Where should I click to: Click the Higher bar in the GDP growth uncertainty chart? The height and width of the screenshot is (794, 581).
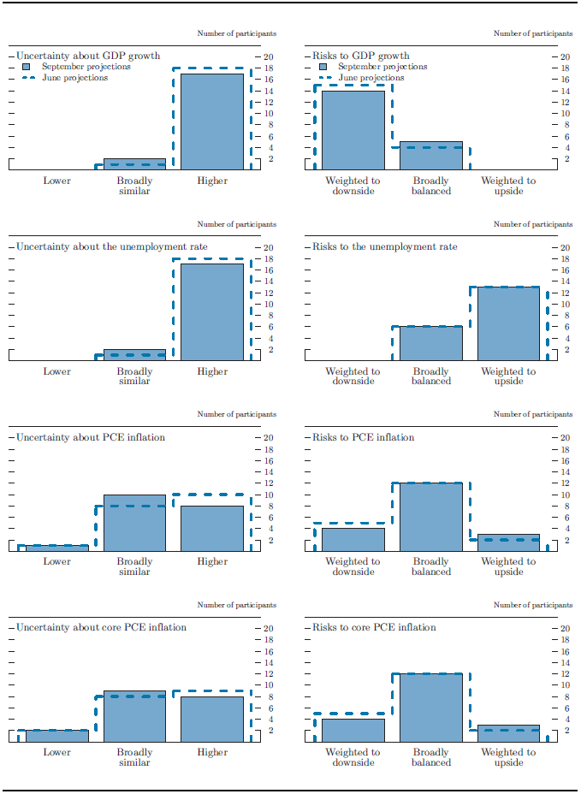coord(211,121)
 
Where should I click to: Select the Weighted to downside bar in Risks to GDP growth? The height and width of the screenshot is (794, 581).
coord(353,130)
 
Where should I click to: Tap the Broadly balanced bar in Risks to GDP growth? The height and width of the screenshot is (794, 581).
coord(430,156)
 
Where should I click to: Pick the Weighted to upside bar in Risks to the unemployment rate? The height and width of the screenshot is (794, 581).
coord(508,323)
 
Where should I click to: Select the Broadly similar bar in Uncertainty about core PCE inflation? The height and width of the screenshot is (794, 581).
coord(134,716)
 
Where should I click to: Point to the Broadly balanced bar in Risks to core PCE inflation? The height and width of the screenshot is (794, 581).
coord(430,708)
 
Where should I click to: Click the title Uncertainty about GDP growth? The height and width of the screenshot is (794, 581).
coord(88,56)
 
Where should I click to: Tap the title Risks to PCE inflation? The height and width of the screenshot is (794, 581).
coord(364,437)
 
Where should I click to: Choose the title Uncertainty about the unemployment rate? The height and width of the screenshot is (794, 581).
coord(112,247)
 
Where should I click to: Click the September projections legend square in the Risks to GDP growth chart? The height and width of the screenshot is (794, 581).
coord(323,67)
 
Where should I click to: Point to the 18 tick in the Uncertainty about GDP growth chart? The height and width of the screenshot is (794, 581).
coord(266,68)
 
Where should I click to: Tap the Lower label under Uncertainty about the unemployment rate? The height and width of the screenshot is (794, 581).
coord(57,372)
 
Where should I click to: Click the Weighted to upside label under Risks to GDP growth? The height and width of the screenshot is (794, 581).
coord(508,186)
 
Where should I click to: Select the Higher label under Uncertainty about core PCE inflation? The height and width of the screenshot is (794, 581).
coord(212,753)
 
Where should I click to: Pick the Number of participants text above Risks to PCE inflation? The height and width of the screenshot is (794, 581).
coord(533,414)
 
